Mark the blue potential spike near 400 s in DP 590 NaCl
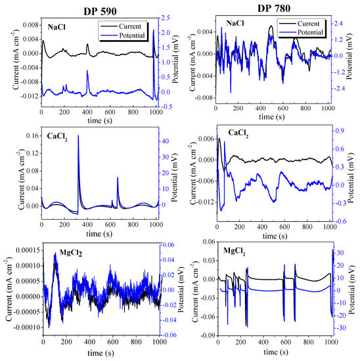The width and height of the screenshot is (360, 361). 87,72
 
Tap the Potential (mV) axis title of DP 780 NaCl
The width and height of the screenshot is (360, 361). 353,56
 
